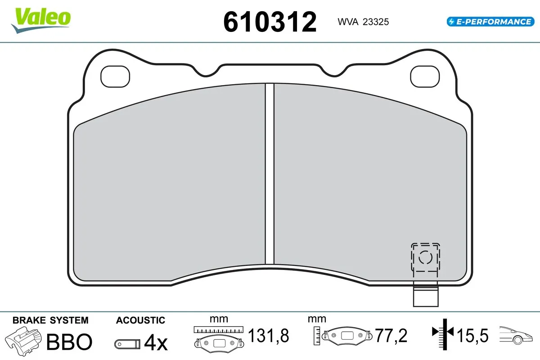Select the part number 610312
[270, 22]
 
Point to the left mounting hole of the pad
[115, 77]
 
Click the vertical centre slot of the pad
[270, 173]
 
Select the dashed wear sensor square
[426, 257]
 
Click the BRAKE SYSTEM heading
[50, 320]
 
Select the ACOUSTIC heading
[140, 320]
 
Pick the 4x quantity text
[156, 343]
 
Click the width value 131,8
[268, 336]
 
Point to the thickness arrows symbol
[443, 333]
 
